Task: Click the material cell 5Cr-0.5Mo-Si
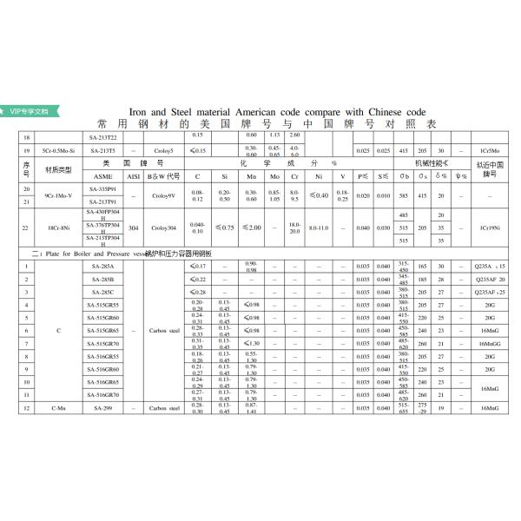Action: coord(58,151)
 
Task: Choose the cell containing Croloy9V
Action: coord(163,195)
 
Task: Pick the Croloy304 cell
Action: coord(163,228)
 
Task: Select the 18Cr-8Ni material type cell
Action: coord(58,228)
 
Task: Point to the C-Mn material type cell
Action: coord(58,406)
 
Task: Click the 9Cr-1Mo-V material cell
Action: coord(58,195)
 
